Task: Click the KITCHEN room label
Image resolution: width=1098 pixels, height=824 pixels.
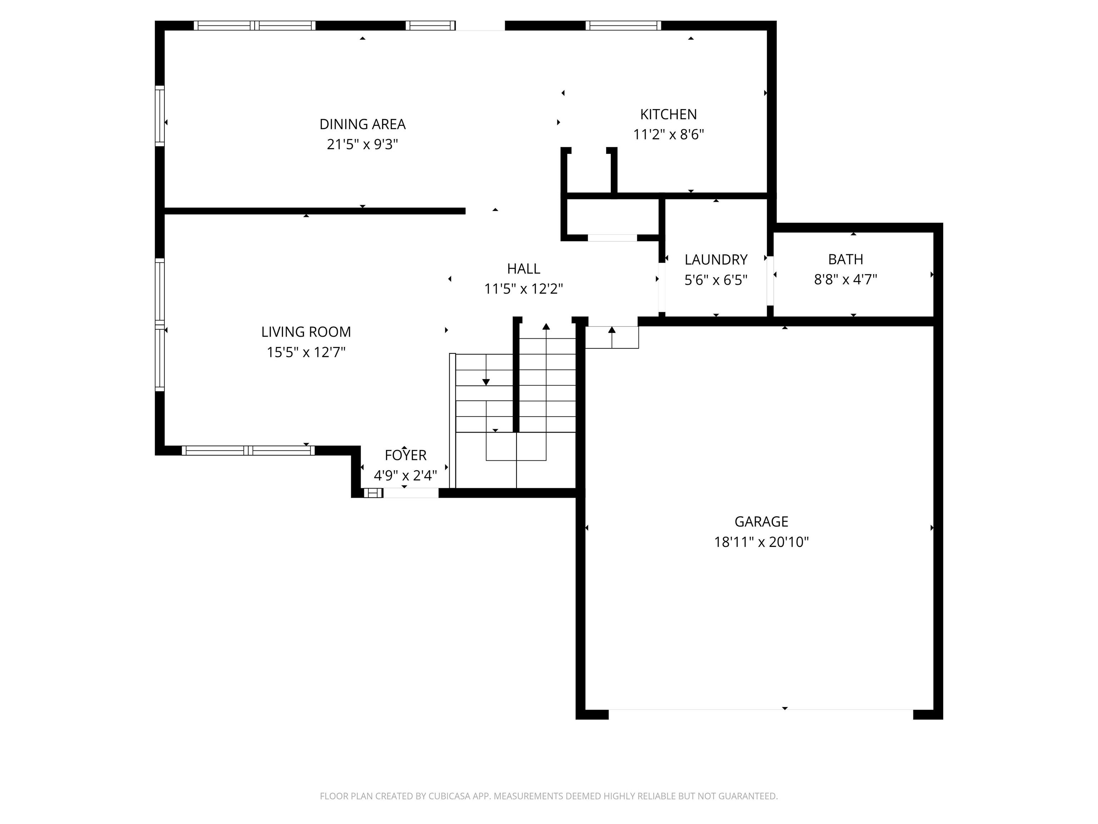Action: click(668, 114)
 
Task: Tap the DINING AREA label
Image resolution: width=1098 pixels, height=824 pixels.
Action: click(362, 124)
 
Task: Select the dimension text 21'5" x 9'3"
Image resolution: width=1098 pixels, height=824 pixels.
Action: click(362, 144)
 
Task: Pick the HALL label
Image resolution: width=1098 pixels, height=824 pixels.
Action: click(523, 269)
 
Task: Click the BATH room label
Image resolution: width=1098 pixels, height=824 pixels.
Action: click(845, 259)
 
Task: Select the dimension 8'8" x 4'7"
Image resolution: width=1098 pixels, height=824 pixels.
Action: click(845, 280)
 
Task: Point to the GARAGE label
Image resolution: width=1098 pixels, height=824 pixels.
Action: click(761, 521)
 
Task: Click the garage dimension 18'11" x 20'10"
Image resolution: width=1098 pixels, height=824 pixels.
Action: click(761, 542)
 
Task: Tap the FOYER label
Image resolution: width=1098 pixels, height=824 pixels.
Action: click(405, 455)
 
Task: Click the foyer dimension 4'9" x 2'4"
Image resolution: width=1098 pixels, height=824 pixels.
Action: click(405, 476)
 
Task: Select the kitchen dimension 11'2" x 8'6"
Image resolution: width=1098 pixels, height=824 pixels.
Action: click(668, 134)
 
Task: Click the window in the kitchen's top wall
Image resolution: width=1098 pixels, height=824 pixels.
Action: click(623, 25)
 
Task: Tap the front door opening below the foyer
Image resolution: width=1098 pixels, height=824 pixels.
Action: click(411, 493)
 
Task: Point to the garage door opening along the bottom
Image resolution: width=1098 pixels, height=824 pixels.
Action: click(761, 714)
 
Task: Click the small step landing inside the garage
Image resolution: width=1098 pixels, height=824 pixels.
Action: click(612, 337)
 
